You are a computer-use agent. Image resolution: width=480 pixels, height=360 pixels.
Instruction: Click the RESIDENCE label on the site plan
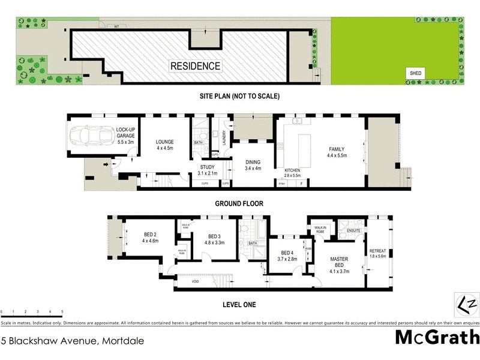coord(196,66)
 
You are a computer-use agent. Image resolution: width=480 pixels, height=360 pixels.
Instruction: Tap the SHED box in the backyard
coord(416,73)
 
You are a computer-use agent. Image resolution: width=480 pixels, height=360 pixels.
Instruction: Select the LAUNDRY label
coord(223,138)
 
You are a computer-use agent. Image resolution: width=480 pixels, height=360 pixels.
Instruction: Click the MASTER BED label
coord(340,263)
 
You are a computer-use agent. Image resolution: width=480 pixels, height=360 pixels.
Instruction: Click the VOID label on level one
coord(196,280)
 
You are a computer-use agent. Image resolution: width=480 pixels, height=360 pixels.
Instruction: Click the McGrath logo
coord(436,338)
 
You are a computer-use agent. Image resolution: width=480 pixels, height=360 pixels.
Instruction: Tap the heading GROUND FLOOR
coord(239,203)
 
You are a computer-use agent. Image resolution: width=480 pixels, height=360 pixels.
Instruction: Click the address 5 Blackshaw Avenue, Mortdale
coord(72,340)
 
